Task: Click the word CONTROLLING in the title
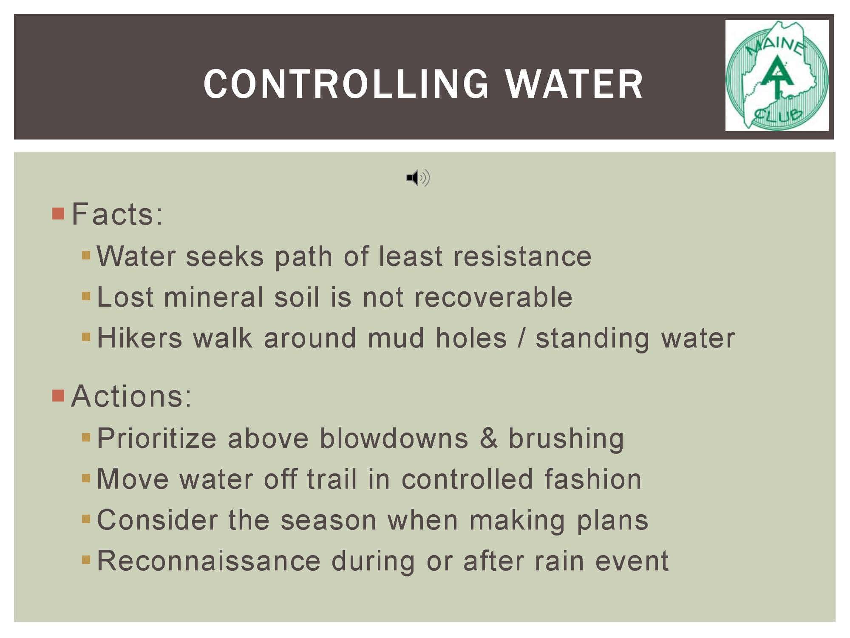pos(346,84)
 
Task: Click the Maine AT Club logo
pos(777,75)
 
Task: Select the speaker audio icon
pos(418,177)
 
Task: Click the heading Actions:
pos(131,396)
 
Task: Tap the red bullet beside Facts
pos(58,214)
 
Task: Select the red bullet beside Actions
pos(58,396)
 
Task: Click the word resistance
pos(522,256)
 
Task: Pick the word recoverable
pos(493,297)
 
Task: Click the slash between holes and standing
pos(521,339)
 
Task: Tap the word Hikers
pos(140,338)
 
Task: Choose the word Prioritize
pos(157,439)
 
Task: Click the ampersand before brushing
pos(489,439)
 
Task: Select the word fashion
pos(593,479)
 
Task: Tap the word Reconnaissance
pos(209,561)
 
